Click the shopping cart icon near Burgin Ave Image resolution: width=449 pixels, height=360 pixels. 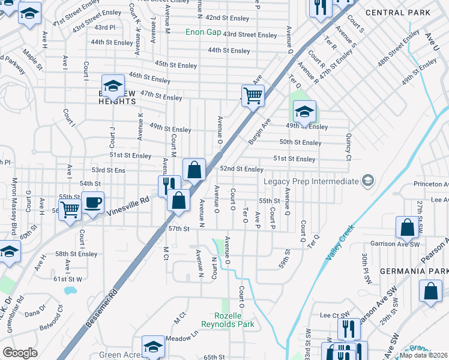click(253, 95)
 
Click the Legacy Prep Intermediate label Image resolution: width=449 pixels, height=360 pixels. click(311, 181)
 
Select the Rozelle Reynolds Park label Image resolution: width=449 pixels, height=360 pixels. click(235, 320)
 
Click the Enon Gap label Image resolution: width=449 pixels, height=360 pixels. click(203, 32)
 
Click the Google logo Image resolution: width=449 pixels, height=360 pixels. click(20, 352)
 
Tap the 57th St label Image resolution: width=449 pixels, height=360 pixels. click(178, 229)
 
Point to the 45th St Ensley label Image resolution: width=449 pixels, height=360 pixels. click(175, 64)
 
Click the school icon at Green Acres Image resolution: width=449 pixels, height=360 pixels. click(153, 347)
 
